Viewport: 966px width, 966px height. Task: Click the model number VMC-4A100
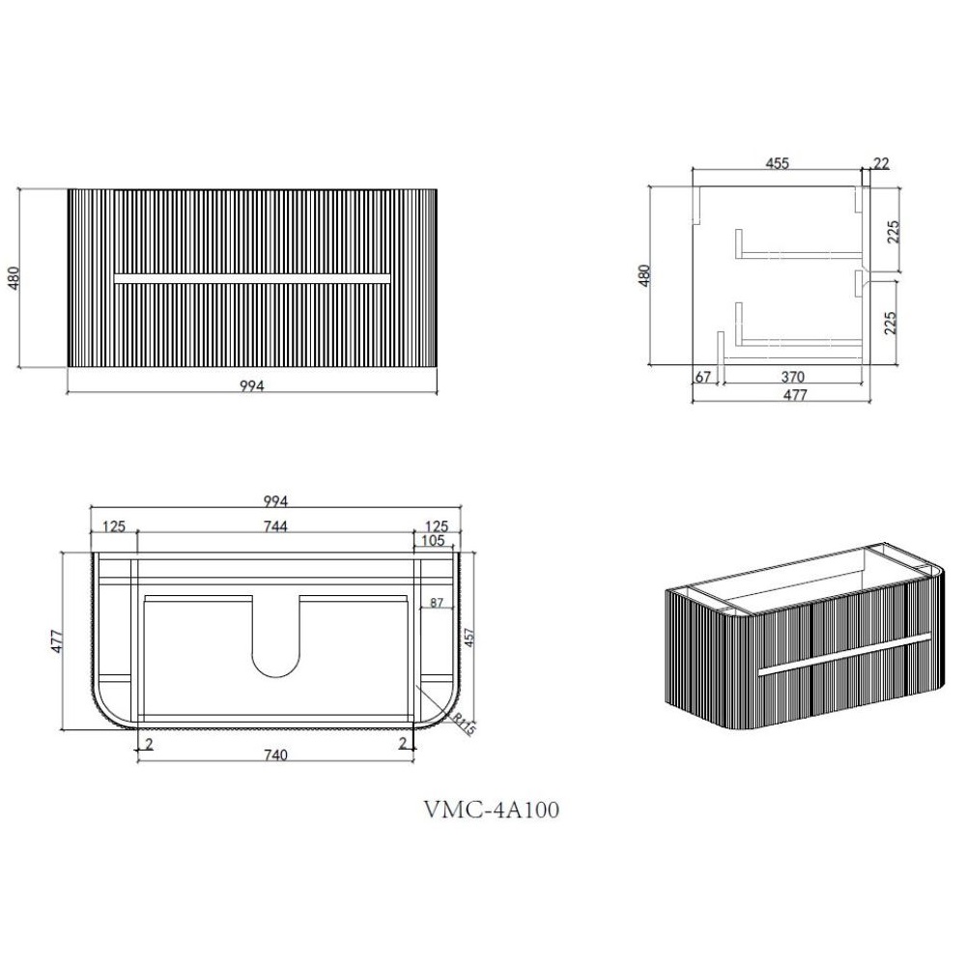coord(492,810)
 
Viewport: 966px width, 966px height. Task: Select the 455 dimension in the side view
coord(777,163)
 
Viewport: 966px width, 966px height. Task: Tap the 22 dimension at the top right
coord(882,163)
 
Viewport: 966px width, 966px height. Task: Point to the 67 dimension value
coord(703,377)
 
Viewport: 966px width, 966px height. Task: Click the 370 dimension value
coord(793,377)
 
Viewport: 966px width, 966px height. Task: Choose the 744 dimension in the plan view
coord(275,526)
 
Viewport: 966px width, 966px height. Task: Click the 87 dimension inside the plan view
coord(437,603)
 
